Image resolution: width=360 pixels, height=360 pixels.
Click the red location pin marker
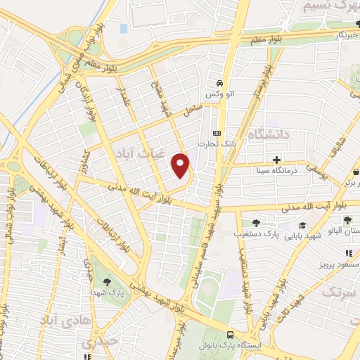coord(181,165)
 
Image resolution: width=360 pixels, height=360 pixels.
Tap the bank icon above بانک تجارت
coord(216,133)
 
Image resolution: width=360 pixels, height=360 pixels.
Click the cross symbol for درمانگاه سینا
coord(276,160)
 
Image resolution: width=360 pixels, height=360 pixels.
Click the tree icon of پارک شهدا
coord(107,281)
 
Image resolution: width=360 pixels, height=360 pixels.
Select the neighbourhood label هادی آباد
coord(56,321)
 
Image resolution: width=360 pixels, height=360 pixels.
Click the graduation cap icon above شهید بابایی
coord(302,226)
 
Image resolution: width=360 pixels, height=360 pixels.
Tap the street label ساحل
coord(193,110)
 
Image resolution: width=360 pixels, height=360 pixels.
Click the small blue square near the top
coord(124,28)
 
